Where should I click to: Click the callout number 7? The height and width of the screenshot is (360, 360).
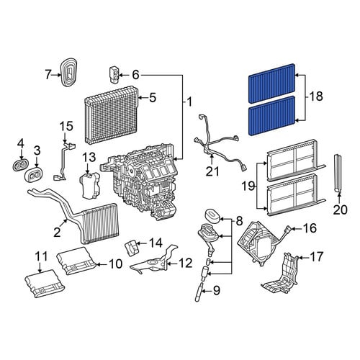click(48, 75)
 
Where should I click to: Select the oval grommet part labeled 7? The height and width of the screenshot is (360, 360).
click(69, 71)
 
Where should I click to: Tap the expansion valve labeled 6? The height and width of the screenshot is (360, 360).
click(114, 75)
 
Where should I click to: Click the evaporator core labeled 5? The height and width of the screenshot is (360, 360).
click(111, 117)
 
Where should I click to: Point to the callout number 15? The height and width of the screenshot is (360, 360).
click(66, 127)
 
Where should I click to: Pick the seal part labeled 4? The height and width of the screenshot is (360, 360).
click(20, 165)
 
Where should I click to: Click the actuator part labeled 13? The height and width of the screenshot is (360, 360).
click(89, 185)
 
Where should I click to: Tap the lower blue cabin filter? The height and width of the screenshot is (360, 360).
click(271, 116)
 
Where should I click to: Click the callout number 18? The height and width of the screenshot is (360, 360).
click(316, 96)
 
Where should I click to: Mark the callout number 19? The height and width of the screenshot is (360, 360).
click(248, 186)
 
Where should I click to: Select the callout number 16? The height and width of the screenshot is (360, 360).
click(310, 228)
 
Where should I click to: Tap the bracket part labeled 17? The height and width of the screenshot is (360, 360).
click(281, 274)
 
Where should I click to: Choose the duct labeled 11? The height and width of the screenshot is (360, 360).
click(42, 283)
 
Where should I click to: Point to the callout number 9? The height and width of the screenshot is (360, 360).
click(217, 291)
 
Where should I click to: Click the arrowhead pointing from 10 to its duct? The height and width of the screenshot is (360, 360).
click(98, 264)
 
